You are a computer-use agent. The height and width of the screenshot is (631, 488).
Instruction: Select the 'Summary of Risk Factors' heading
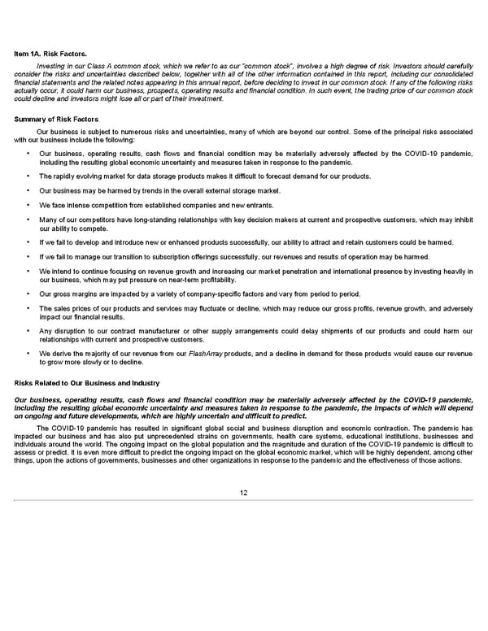56,120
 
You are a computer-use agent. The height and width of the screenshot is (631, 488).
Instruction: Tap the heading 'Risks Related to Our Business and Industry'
85,382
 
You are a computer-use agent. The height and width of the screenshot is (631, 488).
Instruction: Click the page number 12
243,493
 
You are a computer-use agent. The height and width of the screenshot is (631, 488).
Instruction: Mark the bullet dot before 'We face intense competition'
28,205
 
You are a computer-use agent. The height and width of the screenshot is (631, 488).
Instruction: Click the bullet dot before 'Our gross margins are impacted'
28,294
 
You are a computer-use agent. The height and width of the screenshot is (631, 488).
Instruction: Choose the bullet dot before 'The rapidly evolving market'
28,176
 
